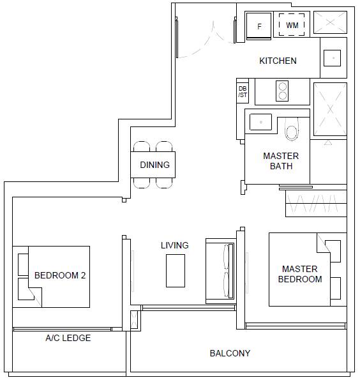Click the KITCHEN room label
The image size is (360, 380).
tap(278, 61)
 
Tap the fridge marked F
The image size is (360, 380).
tap(259, 26)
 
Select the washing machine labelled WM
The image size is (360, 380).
tap(292, 25)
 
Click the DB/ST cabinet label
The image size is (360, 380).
tap(243, 91)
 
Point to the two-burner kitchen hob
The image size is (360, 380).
tap(282, 91)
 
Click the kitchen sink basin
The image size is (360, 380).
tap(332, 58)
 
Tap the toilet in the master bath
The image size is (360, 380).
tap(292, 130)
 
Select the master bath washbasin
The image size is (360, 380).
tap(260, 122)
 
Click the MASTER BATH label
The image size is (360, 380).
tap(281, 161)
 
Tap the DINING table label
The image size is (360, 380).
tap(155, 165)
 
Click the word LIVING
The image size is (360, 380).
tap(175, 245)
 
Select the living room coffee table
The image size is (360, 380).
tap(176, 271)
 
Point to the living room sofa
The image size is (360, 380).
tap(220, 271)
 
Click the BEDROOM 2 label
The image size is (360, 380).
tap(60, 275)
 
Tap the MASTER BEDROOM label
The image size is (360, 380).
tap(300, 274)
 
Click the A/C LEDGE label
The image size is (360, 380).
tap(68, 338)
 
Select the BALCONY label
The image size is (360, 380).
tap(230, 353)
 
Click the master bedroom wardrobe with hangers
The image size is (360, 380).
tap(316, 203)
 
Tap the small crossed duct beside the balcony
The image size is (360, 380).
tap(134, 320)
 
